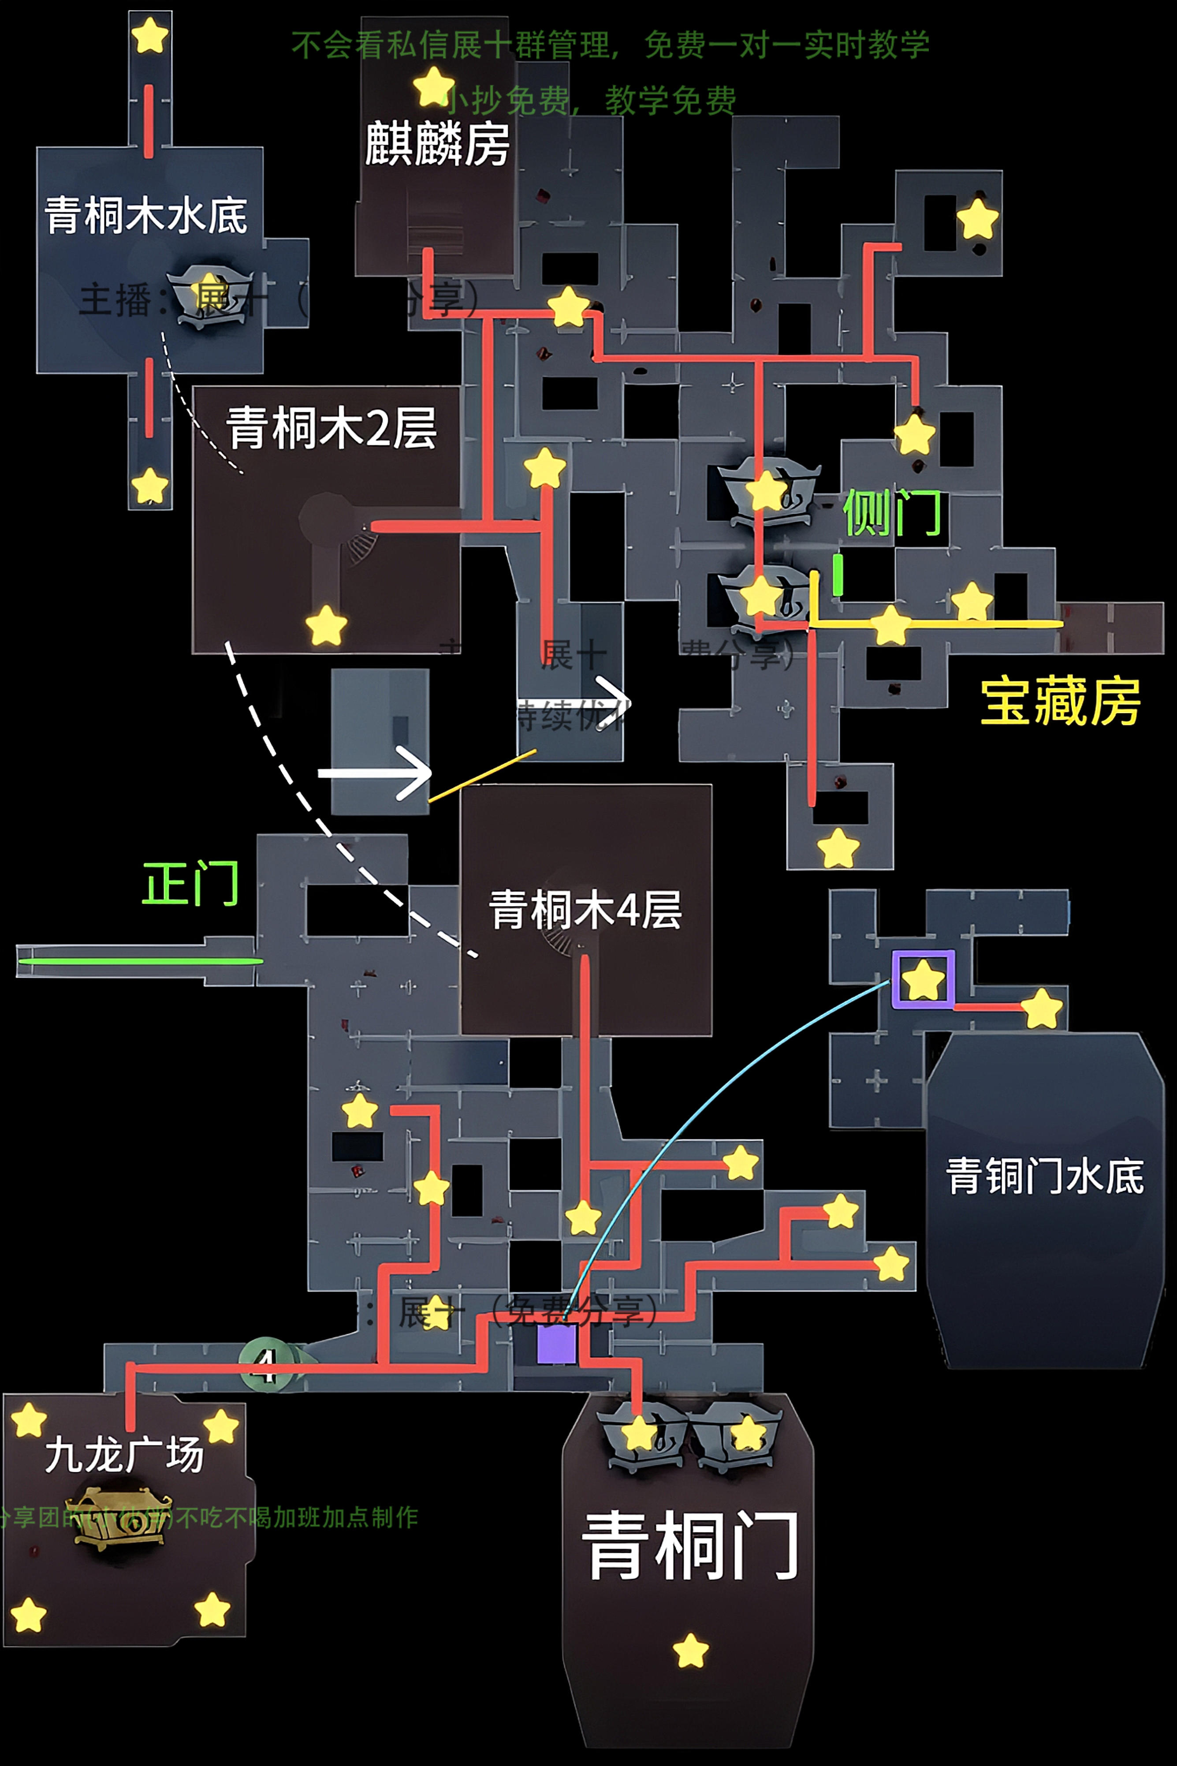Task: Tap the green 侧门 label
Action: coord(892,513)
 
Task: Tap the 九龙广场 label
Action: coord(124,1454)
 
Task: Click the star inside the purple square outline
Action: coord(923,979)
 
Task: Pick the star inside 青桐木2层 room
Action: coord(326,625)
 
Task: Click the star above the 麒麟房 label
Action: coord(433,86)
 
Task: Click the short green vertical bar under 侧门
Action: coord(838,575)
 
